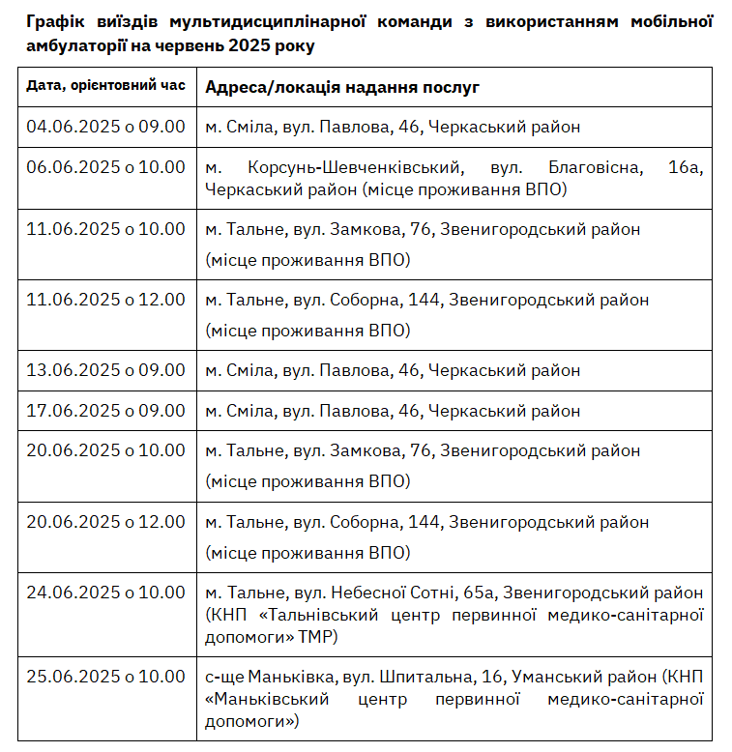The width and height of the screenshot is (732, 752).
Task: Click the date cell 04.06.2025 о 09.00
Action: (105, 127)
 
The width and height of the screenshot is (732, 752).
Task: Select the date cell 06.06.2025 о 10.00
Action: (105, 167)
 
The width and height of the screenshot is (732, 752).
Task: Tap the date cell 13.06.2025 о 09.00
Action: (105, 370)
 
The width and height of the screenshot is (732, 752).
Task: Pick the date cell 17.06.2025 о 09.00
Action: (105, 411)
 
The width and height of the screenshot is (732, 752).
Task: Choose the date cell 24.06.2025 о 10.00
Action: (105, 593)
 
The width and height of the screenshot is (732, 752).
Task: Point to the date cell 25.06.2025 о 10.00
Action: (105, 676)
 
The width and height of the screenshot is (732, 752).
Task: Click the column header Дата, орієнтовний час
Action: (105, 86)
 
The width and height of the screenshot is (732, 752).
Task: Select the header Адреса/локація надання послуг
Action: (342, 87)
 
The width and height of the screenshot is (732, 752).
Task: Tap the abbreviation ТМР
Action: (317, 638)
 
